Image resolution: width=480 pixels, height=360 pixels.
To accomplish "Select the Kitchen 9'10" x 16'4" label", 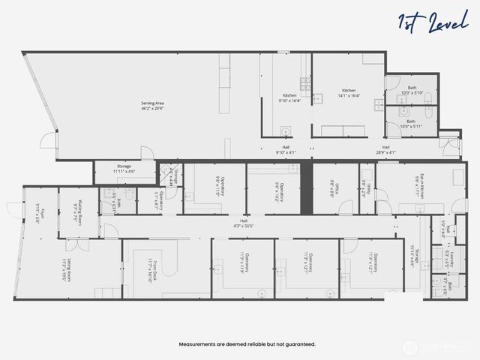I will pos(289,98).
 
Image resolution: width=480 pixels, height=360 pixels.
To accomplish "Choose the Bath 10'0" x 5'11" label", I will pos(410,124).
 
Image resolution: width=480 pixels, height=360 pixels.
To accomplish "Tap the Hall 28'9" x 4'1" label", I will pos(386,150).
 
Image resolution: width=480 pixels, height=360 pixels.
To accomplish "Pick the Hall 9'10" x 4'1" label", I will pos(286,150).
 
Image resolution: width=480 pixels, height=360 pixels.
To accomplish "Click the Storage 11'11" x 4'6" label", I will pos(124,169).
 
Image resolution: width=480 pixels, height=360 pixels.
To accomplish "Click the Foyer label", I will pos(40,214).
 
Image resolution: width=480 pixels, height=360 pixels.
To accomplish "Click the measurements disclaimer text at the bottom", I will pos(247,344).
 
